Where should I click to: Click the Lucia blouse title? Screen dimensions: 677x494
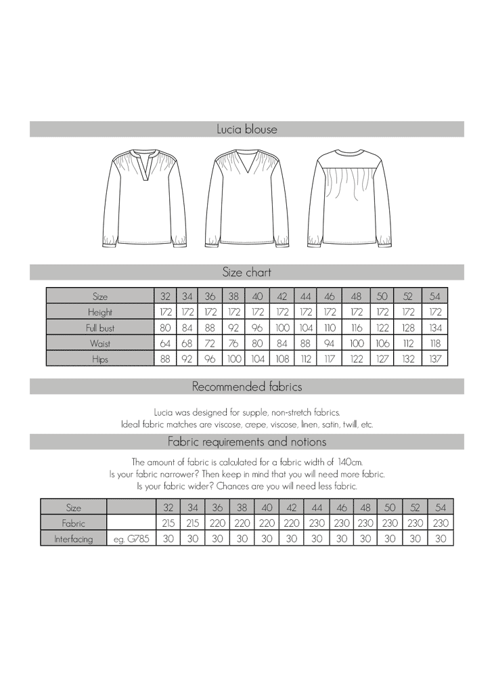246,129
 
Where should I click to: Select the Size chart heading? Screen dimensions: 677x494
246,272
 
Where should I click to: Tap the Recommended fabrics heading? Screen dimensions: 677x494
246,387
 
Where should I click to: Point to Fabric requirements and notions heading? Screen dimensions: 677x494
246,442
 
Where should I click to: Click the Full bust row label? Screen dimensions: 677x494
100,328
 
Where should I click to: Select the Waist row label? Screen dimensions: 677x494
100,344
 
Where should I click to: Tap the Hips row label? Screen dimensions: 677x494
100,359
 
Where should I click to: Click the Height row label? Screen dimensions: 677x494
100,313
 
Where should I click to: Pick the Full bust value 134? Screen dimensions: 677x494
435,328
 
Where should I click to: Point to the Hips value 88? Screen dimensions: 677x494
165,359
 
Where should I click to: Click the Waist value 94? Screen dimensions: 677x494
330,344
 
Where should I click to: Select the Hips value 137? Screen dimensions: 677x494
435,359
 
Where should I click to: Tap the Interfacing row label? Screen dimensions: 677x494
73,539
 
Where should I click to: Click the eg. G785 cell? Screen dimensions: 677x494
131,539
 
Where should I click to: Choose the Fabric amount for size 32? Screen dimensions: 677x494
168,523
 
